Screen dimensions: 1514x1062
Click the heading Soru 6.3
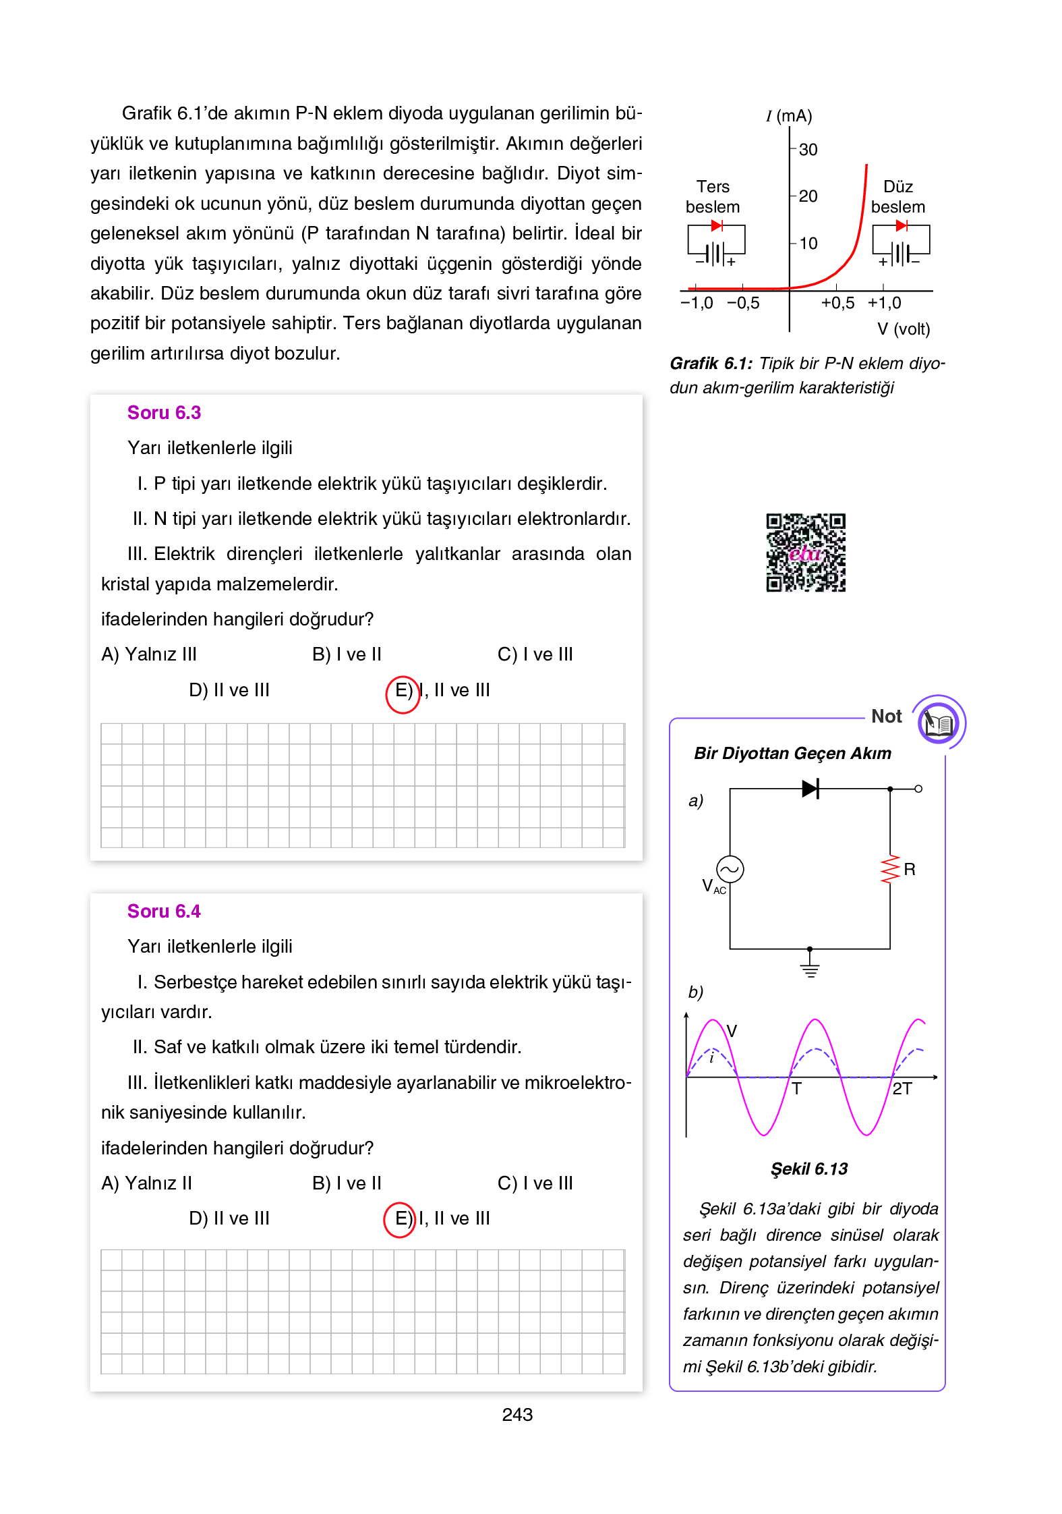[x=164, y=412]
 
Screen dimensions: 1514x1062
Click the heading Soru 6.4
[x=164, y=911]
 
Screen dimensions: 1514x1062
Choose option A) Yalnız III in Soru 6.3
[x=149, y=654]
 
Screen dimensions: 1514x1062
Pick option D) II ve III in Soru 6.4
[x=229, y=1218]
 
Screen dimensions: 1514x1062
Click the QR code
[x=805, y=553]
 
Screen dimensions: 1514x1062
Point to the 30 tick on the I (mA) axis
[x=808, y=150]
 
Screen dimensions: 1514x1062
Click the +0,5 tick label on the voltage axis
[x=837, y=303]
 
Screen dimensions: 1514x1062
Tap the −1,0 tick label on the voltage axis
[x=697, y=303]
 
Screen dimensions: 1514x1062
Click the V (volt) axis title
[x=903, y=329]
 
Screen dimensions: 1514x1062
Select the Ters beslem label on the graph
[x=713, y=196]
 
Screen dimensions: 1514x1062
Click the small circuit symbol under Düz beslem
[x=901, y=245]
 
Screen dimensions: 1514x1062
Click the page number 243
[x=517, y=1415]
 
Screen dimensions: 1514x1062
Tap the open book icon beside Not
[x=938, y=723]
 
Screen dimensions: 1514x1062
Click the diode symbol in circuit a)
[x=810, y=788]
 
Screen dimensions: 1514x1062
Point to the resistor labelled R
[x=891, y=869]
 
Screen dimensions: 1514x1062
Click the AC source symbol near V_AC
[x=730, y=869]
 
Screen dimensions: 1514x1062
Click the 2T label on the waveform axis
[x=902, y=1088]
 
